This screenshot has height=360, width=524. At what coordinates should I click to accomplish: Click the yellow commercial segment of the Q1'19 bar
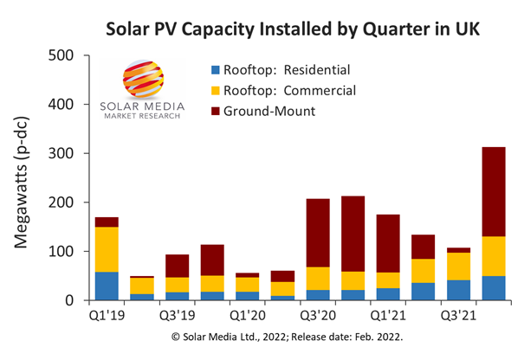(107, 249)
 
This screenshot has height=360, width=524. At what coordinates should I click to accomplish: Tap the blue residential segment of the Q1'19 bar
(107, 286)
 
